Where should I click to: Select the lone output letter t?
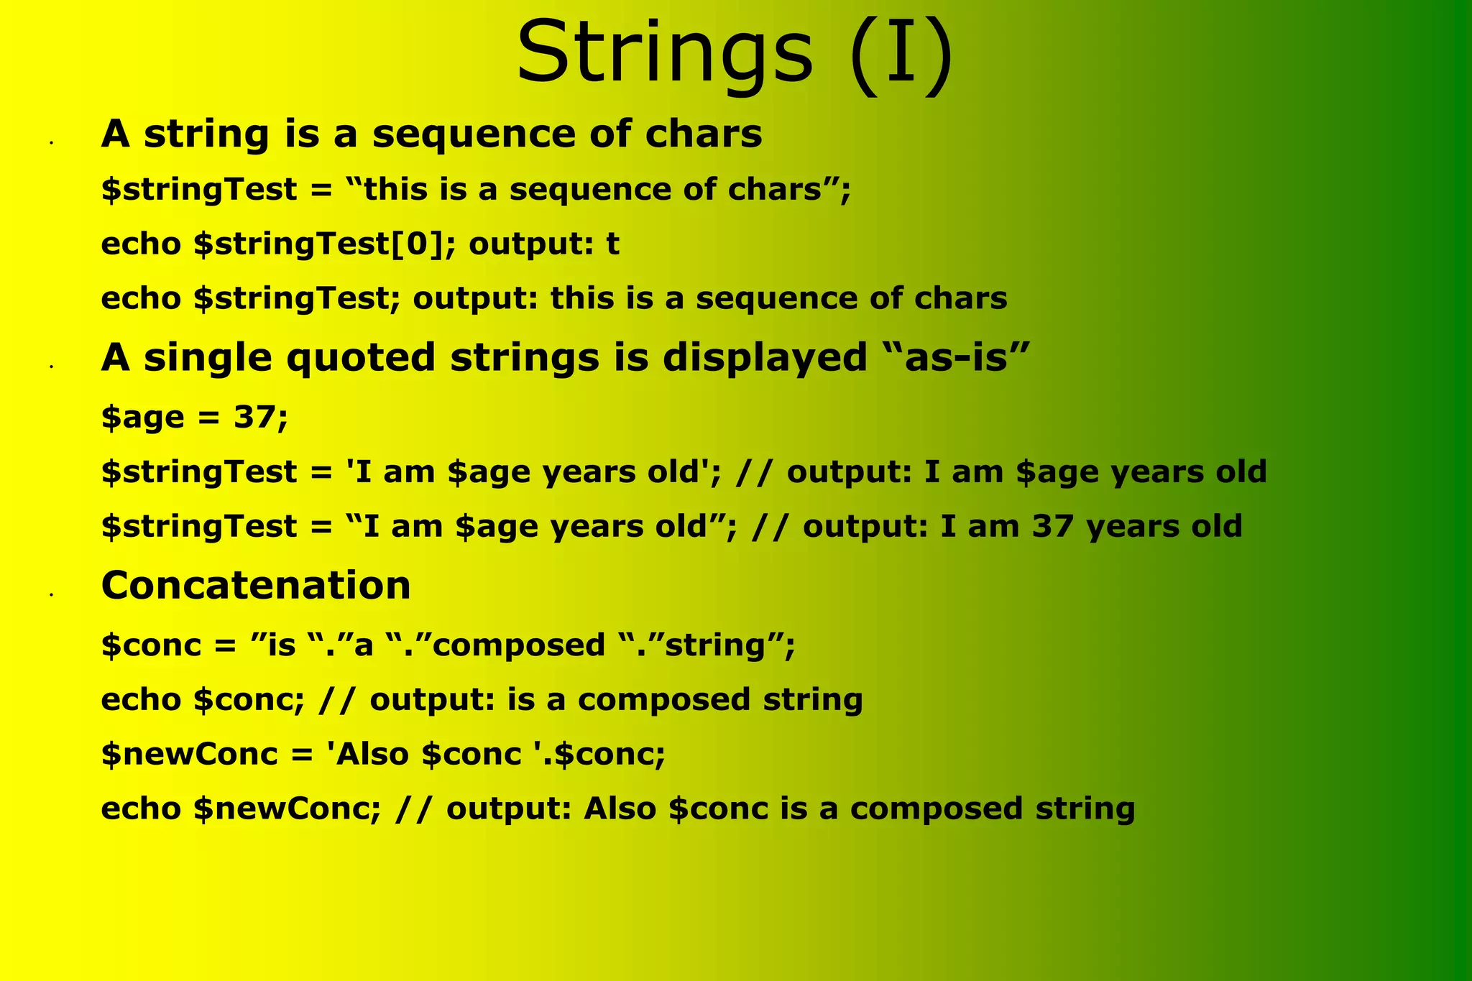pyautogui.click(x=612, y=244)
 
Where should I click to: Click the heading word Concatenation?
pyautogui.click(x=256, y=584)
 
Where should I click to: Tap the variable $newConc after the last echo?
pyautogui.click(x=286, y=809)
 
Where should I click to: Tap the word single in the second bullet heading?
pyautogui.click(x=208, y=357)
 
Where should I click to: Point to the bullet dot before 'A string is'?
pyautogui.click(x=52, y=144)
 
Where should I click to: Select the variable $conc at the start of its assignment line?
pyautogui.click(x=152, y=645)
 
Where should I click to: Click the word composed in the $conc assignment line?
pyautogui.click(x=520, y=645)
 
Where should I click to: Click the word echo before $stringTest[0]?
pyautogui.click(x=141, y=244)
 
